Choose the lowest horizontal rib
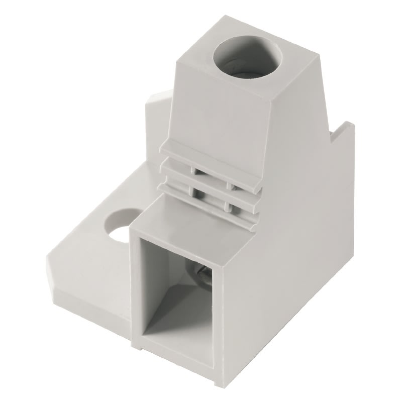[211, 199]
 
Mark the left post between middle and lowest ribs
[192, 190]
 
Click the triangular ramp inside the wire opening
[171, 307]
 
